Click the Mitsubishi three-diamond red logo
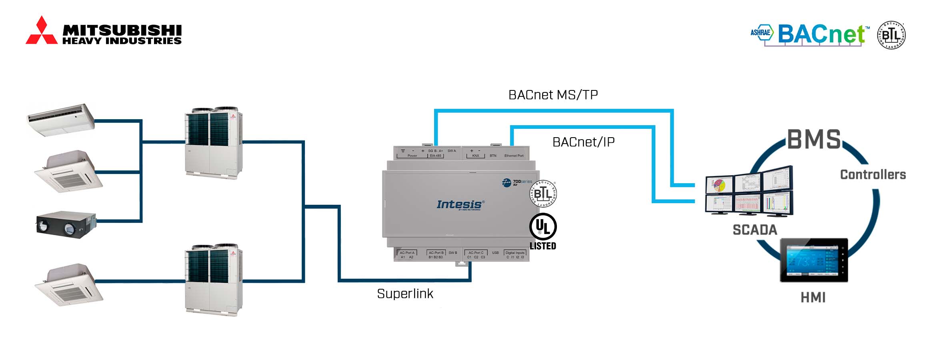tap(41, 31)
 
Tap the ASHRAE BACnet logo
tap(810, 34)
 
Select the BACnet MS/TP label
tap(553, 95)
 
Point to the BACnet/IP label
tap(583, 142)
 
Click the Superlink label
tap(405, 294)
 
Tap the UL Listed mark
tap(543, 232)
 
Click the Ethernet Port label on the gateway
tap(514, 156)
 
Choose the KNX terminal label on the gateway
tap(475, 156)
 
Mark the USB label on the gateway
tap(495, 253)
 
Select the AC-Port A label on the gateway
tap(407, 253)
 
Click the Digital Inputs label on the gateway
tap(515, 253)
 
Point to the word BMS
tap(814, 140)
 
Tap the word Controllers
tap(873, 175)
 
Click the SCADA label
tap(755, 230)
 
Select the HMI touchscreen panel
tap(814, 260)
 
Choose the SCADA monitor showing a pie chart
tap(720, 185)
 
